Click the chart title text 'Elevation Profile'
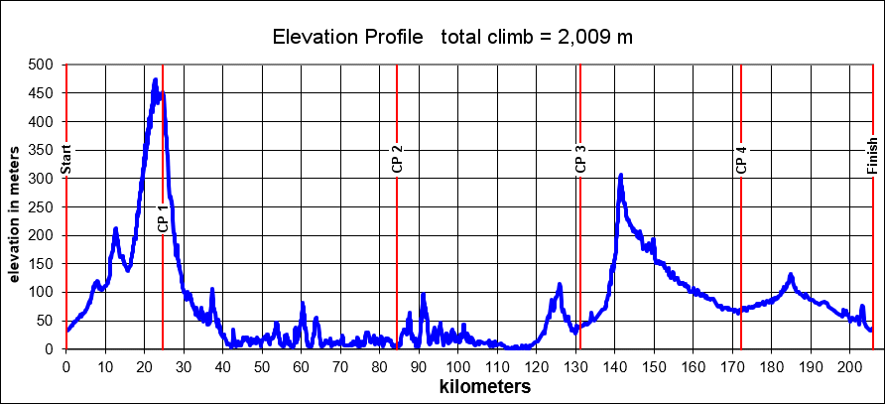pyautogui.click(x=347, y=38)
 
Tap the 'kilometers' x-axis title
pyautogui.click(x=485, y=387)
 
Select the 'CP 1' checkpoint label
pyautogui.click(x=163, y=218)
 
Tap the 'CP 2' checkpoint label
pyautogui.click(x=397, y=160)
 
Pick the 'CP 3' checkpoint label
pyautogui.click(x=580, y=160)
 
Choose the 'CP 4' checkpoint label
pyautogui.click(x=741, y=160)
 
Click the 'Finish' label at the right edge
pyautogui.click(x=872, y=157)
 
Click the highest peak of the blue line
pyautogui.click(x=155, y=80)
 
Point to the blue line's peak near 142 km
pyautogui.click(x=621, y=176)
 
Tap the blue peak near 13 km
pyautogui.click(x=116, y=229)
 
